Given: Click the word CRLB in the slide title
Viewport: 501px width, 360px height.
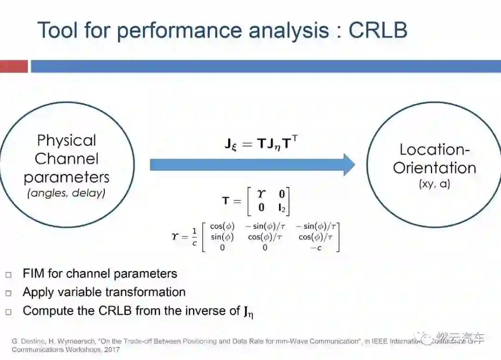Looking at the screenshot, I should (x=378, y=30).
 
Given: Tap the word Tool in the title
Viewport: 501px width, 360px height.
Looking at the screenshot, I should (x=58, y=30).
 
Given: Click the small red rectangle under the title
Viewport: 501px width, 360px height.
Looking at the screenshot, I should (x=13, y=66).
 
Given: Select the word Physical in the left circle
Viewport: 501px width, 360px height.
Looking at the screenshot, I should (x=66, y=141).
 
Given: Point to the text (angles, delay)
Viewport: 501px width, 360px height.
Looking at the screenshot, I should (x=66, y=193).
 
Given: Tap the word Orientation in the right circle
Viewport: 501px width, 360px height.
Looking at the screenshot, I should (x=435, y=167).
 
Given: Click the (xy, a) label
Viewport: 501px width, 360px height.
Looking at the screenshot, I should (x=434, y=184).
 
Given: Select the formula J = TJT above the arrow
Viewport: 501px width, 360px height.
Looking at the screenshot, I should (x=261, y=144).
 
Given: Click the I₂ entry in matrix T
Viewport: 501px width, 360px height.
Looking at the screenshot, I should (x=281, y=208).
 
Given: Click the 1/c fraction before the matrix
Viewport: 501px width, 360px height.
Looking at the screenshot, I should (x=194, y=237).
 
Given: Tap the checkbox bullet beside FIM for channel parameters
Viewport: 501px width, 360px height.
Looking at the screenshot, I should (x=8, y=275).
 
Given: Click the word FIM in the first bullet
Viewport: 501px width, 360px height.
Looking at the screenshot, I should (x=34, y=274).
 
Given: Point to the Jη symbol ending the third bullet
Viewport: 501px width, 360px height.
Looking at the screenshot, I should (x=249, y=311).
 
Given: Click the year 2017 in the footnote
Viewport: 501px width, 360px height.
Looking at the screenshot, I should (x=112, y=349).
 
